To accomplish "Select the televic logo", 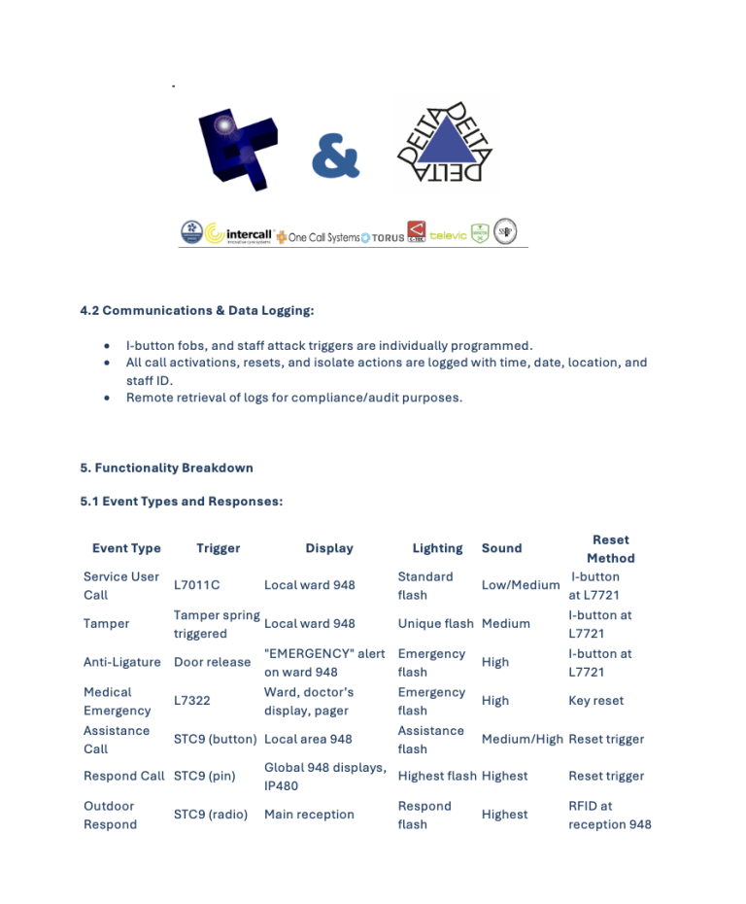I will pyautogui.click(x=448, y=235).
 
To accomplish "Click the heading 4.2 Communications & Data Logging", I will pyautogui.click(x=197, y=311).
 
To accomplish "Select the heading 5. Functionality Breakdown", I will pyautogui.click(x=166, y=468).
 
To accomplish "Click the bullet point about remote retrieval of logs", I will pyautogui.click(x=294, y=398).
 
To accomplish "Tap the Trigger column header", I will pyautogui.click(x=218, y=548).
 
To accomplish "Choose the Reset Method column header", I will pyautogui.click(x=610, y=548).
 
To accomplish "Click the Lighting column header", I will pyautogui.click(x=437, y=548).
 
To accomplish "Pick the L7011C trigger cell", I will pyautogui.click(x=197, y=585).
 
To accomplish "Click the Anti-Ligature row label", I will pyautogui.click(x=122, y=662).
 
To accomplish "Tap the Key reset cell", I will pyautogui.click(x=595, y=700).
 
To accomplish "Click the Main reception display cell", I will pyautogui.click(x=309, y=815).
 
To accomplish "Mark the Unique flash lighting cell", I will pyautogui.click(x=435, y=624).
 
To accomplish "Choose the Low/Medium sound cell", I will pyautogui.click(x=521, y=585).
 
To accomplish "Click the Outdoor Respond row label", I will pyautogui.click(x=110, y=815).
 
